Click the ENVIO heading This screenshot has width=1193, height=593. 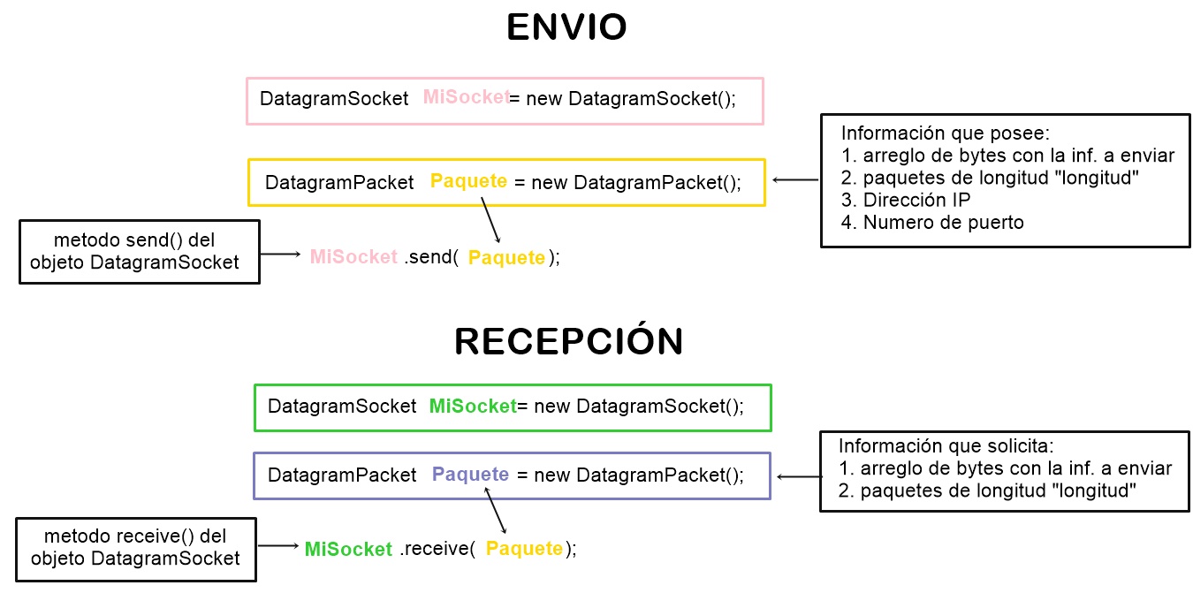click(566, 28)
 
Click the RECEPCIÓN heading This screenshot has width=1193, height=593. click(568, 342)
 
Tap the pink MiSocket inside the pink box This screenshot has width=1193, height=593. click(466, 97)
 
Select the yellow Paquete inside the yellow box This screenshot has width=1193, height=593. click(468, 181)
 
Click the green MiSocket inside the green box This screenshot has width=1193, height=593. click(472, 407)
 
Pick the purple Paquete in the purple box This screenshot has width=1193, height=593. click(470, 475)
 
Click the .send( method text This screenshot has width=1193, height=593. click(431, 257)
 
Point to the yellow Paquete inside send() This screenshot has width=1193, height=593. click(506, 258)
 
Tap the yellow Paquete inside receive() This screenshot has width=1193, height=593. click(524, 549)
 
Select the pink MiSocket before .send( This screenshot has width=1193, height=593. click(353, 257)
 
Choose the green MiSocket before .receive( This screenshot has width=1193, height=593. click(348, 549)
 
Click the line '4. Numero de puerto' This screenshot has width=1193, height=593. click(932, 223)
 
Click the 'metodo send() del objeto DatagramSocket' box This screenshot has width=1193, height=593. click(140, 252)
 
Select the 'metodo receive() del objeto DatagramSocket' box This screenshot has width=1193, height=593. click(136, 548)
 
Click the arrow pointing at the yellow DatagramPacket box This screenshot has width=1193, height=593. click(795, 180)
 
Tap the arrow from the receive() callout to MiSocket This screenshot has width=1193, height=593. click(280, 547)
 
